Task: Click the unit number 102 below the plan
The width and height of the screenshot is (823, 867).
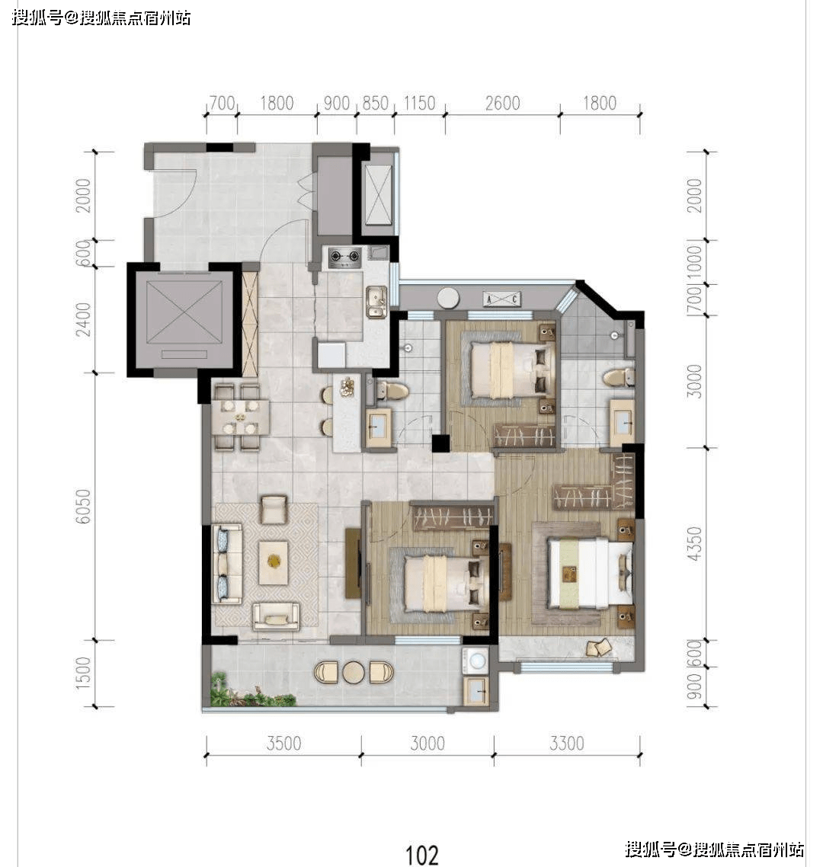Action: click(x=422, y=855)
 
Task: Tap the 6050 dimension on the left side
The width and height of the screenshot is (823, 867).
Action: click(x=83, y=507)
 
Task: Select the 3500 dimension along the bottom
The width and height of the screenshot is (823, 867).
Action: click(x=283, y=744)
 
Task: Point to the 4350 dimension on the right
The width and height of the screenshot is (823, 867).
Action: click(x=694, y=543)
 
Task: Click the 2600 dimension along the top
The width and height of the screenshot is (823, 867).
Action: click(x=503, y=104)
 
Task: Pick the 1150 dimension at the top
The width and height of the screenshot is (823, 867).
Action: click(x=419, y=104)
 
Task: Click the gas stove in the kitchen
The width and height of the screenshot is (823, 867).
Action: click(x=345, y=257)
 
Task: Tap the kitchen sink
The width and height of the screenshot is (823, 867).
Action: click(x=376, y=302)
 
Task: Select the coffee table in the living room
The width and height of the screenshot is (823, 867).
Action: click(x=274, y=561)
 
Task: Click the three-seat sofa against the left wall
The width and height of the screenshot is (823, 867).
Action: click(x=227, y=564)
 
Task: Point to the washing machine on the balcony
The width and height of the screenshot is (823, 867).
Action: click(x=476, y=661)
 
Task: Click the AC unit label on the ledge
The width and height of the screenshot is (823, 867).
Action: click(x=501, y=299)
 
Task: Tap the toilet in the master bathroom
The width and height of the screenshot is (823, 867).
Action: click(x=618, y=378)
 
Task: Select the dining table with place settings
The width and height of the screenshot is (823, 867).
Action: click(x=240, y=417)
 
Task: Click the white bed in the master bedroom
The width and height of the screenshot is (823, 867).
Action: click(x=590, y=573)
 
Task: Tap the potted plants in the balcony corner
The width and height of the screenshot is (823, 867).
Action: click(x=251, y=692)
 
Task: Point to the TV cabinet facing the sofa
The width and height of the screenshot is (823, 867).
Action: click(x=352, y=564)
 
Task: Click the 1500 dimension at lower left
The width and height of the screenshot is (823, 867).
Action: click(x=83, y=673)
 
